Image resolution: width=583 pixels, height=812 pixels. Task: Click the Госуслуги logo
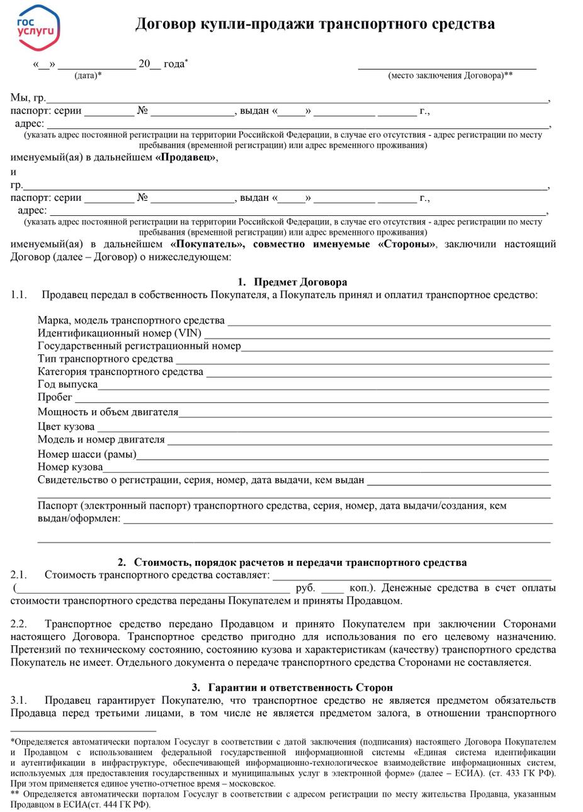pyautogui.click(x=38, y=26)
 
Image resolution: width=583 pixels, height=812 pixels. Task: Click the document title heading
pyautogui.click(x=315, y=24)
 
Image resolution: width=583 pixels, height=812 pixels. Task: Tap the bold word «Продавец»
pyautogui.click(x=186, y=157)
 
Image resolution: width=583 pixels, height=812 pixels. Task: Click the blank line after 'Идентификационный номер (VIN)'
pyautogui.click(x=378, y=334)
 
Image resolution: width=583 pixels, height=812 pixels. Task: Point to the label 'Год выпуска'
pyautogui.click(x=67, y=384)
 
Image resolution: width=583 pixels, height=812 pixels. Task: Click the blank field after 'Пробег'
pyautogui.click(x=312, y=398)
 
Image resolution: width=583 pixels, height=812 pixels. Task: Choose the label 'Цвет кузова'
pyautogui.click(x=66, y=426)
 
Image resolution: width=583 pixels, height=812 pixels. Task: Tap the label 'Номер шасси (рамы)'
pyautogui.click(x=87, y=454)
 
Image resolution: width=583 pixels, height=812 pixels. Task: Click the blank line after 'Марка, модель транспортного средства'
pyautogui.click(x=388, y=321)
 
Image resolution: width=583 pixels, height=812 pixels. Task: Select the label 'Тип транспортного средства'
pyautogui.click(x=105, y=359)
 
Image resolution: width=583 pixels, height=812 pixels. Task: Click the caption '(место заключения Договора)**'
pyautogui.click(x=450, y=76)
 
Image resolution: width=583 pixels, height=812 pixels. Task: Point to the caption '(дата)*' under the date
pyautogui.click(x=88, y=76)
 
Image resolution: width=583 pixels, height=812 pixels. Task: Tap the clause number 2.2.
pyautogui.click(x=18, y=624)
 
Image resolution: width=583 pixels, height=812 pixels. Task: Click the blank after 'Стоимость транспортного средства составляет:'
pyautogui.click(x=412, y=575)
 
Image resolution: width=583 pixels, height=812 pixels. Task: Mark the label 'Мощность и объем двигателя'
pyautogui.click(x=108, y=412)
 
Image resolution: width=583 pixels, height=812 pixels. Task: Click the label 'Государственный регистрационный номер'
pyautogui.click(x=139, y=346)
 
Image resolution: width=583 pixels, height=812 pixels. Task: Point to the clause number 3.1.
pyautogui.click(x=18, y=700)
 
